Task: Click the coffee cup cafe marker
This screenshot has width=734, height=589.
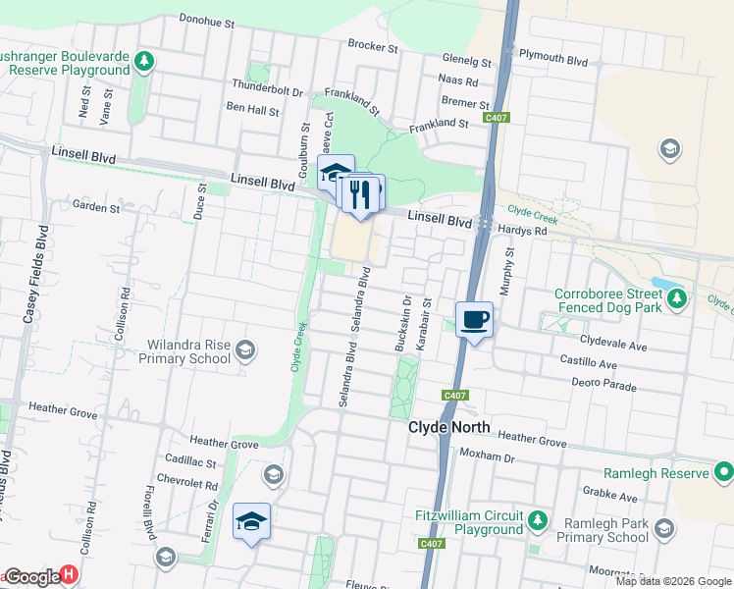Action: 474,320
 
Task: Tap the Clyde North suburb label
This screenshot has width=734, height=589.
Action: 448,430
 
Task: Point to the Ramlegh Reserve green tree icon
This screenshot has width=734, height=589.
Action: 723,473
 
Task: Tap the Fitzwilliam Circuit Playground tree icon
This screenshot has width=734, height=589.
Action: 537,518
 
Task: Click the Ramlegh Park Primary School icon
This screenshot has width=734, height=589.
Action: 664,531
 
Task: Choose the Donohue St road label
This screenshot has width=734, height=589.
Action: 207,20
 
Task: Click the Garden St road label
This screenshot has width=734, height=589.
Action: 96,207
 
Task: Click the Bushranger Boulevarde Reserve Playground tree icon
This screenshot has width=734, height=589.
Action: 144,62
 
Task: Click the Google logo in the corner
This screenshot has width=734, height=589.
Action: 31,577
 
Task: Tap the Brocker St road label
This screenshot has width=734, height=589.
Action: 373,46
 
